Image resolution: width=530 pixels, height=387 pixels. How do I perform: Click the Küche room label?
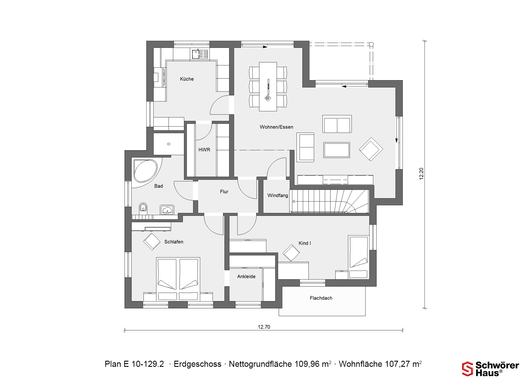187,79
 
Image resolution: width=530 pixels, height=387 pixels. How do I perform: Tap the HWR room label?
204,150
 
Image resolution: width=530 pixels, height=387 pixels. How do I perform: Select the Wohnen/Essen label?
276,127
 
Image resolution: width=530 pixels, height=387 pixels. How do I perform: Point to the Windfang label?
278,195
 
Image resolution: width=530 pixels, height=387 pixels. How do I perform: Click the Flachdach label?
321,298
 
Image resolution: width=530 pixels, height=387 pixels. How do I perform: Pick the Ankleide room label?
246,276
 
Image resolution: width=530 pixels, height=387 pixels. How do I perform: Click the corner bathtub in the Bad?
145,171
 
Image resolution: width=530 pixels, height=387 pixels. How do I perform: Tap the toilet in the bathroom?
143,207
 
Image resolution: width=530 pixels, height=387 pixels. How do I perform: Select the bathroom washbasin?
167,210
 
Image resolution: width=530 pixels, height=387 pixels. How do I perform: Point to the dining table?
268,87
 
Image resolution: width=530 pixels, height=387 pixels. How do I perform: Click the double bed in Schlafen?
178,279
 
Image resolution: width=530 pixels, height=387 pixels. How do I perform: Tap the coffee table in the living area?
336,150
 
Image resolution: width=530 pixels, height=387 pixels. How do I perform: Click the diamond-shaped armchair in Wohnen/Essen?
371,149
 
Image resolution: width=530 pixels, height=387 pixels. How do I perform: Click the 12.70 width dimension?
264,327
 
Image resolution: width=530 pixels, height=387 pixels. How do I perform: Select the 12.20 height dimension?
421,174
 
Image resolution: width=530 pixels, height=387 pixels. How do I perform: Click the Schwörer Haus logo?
491,369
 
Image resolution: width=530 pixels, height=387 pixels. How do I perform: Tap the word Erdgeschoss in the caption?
197,364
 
